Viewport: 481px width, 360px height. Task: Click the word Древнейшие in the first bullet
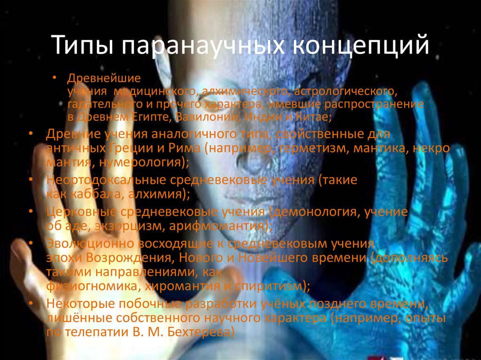(x=104, y=77)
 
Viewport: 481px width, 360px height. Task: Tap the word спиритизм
(x=275, y=285)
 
